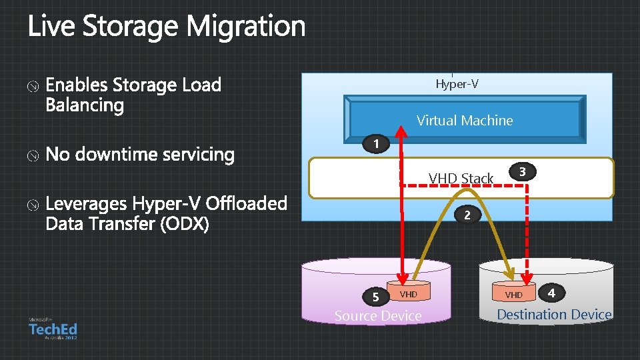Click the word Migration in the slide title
pyautogui.click(x=246, y=27)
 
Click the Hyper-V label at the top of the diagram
pyautogui.click(x=457, y=84)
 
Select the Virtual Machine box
pyautogui.click(x=465, y=120)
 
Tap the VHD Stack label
pyautogui.click(x=461, y=178)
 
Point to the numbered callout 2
pyautogui.click(x=467, y=215)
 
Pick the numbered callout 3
pyautogui.click(x=523, y=172)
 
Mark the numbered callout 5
pyautogui.click(x=376, y=297)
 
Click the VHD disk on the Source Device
pyautogui.click(x=408, y=294)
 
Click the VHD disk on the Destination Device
pyautogui.click(x=514, y=295)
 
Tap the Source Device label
pyautogui.click(x=378, y=316)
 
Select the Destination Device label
pyautogui.click(x=554, y=315)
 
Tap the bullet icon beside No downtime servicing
pyautogui.click(x=33, y=155)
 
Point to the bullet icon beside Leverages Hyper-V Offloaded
pyautogui.click(x=33, y=204)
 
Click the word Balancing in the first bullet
pyautogui.click(x=85, y=105)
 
